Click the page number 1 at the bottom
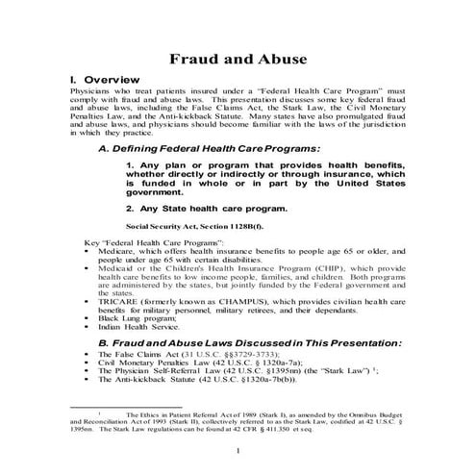pyautogui.click(x=238, y=449)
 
